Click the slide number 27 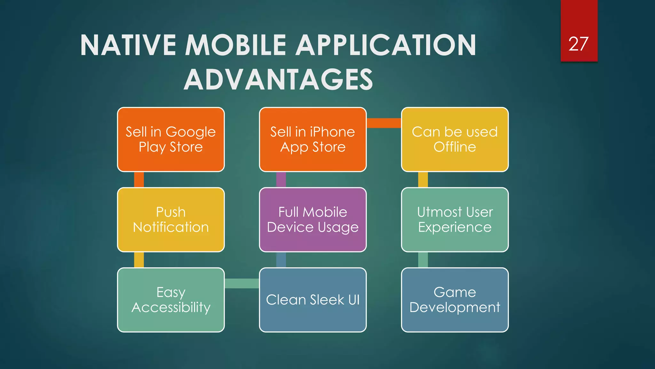point(578,44)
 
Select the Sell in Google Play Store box point(171,140)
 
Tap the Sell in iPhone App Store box point(312,140)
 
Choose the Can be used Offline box point(454,140)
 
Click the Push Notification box point(171,220)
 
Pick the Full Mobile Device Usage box point(312,220)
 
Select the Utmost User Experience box point(454,220)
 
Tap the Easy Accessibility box point(171,300)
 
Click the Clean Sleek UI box point(312,300)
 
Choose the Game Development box point(454,300)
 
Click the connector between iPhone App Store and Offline point(384,123)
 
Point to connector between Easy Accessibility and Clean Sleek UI point(242,283)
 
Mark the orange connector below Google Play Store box point(139,180)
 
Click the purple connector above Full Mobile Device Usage point(281,180)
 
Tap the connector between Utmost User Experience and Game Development point(423,260)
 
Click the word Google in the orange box point(191,132)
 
